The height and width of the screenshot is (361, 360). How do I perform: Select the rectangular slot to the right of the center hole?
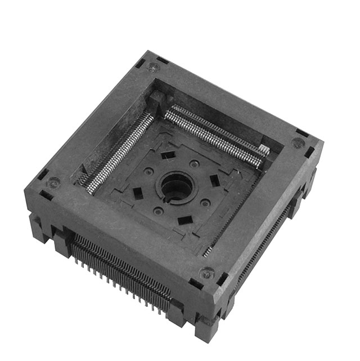tap(214, 181)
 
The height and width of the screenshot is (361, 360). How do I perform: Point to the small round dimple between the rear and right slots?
tap(195, 164)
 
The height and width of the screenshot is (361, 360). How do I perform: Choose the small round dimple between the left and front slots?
tap(159, 211)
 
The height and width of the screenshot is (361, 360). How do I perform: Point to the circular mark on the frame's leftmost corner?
tap(53, 182)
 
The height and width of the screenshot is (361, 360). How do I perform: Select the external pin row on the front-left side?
tap(121, 268)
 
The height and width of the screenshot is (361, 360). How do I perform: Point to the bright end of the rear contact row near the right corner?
tap(263, 151)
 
